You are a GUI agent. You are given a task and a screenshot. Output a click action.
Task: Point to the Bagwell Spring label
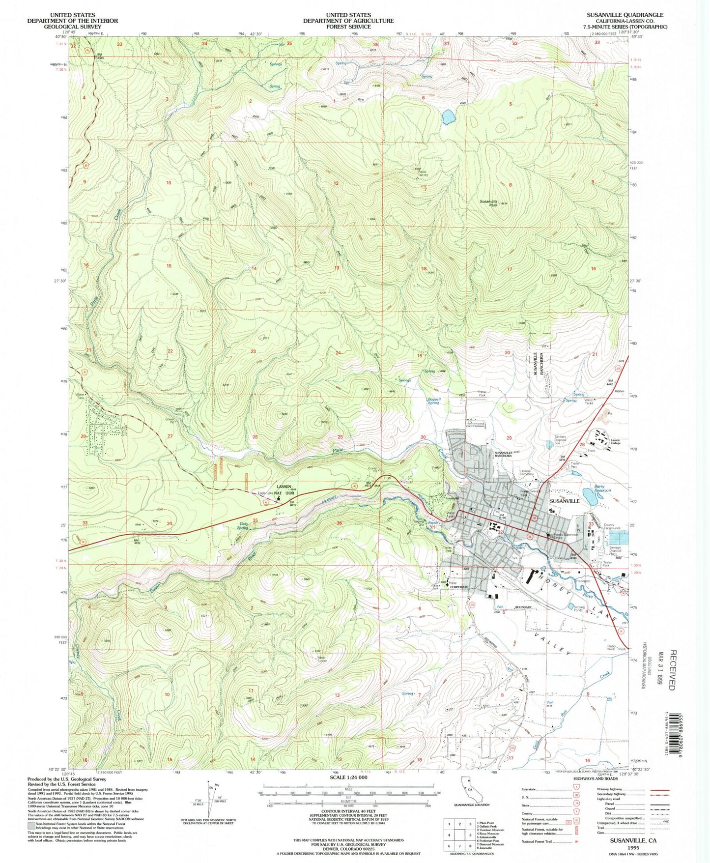click(x=433, y=401)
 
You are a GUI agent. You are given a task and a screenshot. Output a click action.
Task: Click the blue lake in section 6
click(x=448, y=117)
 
